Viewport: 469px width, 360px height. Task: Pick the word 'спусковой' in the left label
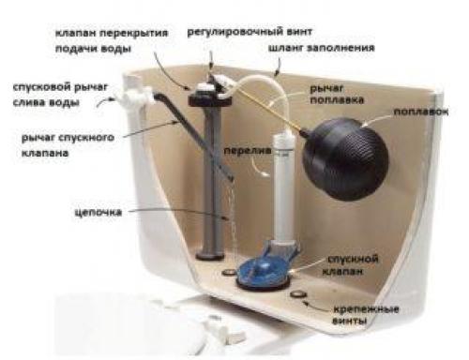click(38, 86)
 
